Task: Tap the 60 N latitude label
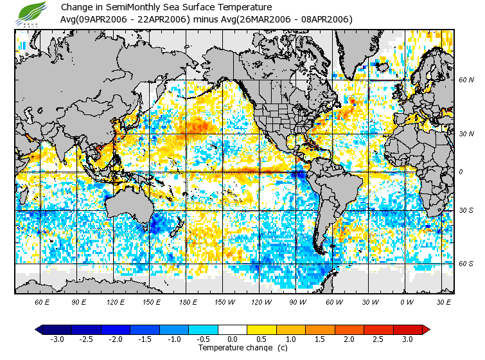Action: (466, 80)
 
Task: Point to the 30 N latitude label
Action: (466, 134)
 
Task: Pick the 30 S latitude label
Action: (466, 211)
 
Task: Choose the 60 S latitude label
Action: (466, 264)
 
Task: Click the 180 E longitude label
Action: (188, 301)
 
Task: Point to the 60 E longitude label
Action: (42, 301)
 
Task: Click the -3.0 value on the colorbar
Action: (57, 339)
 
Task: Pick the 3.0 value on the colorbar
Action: (408, 339)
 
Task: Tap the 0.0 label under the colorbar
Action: (233, 339)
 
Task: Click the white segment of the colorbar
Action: (233, 329)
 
